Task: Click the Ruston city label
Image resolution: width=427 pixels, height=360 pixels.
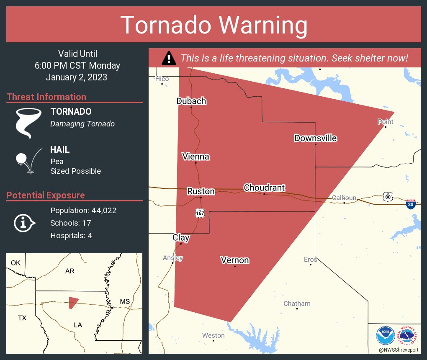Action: (201, 191)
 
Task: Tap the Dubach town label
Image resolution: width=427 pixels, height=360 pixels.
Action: (191, 101)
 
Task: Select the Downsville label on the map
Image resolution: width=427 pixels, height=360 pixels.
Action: (315, 138)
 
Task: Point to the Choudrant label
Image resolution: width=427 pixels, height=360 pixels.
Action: (264, 188)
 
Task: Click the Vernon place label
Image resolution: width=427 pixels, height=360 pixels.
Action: (235, 260)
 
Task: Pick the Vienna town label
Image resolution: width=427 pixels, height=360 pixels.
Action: (195, 157)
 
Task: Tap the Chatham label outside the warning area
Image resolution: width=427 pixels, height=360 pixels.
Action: (297, 303)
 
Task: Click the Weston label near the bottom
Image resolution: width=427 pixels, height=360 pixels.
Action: (213, 335)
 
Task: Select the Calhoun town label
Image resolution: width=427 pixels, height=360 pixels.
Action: (344, 198)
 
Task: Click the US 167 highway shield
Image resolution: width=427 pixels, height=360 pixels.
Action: (200, 213)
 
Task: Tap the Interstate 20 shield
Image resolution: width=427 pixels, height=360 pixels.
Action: (411, 204)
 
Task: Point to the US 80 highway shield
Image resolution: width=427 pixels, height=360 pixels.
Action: (387, 196)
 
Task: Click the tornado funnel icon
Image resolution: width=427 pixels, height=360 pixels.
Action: (28, 123)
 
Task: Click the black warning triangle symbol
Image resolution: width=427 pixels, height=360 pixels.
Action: (169, 58)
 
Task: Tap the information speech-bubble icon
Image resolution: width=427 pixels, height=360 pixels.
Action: (24, 223)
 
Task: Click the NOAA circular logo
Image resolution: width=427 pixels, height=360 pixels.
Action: (385, 336)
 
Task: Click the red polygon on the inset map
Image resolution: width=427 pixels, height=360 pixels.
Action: (73, 302)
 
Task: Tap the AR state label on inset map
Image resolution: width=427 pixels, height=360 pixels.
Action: (70, 271)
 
